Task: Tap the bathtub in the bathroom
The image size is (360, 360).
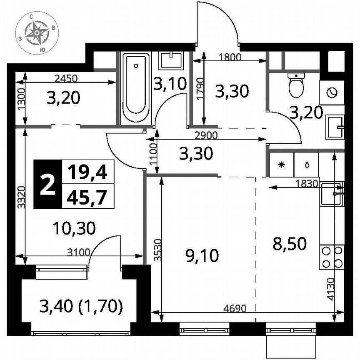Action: click(x=136, y=88)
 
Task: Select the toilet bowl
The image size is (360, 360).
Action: click(x=296, y=86)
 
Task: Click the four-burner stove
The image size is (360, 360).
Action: click(x=332, y=257)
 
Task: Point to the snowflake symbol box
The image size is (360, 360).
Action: click(x=281, y=164)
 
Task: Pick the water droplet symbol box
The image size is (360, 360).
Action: click(x=306, y=164)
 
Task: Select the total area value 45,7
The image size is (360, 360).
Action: click(x=87, y=196)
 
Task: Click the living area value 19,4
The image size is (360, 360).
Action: click(x=87, y=171)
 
